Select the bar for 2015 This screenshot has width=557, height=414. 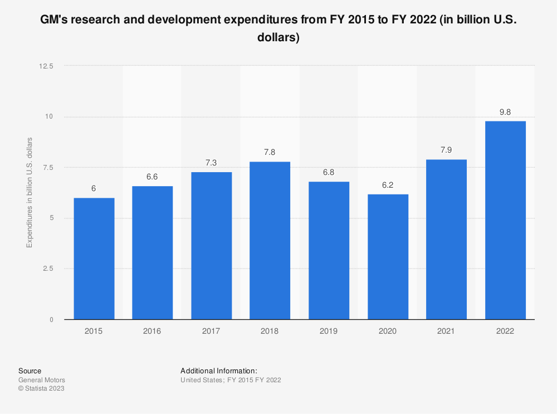(94, 259)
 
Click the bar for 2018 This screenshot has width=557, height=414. (270, 240)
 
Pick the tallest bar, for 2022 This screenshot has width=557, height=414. (505, 220)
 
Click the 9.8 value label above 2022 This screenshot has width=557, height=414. (505, 112)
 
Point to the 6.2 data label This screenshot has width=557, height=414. (387, 185)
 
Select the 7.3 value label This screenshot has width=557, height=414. (211, 163)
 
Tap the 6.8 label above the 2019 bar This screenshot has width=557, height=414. (329, 173)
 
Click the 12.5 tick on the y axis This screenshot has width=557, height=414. (46, 66)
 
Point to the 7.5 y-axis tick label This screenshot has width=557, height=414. (48, 167)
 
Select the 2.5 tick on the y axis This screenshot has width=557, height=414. (48, 269)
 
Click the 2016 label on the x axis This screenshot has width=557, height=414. (152, 331)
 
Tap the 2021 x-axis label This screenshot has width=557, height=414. (446, 331)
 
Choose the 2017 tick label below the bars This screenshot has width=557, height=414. (211, 331)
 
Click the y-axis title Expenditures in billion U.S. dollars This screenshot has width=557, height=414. (30, 192)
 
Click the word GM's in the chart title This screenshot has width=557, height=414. (54, 21)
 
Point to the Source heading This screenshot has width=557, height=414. (30, 371)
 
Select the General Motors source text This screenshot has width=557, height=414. (41, 380)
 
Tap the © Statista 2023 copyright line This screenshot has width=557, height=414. (41, 389)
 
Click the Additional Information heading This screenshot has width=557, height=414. (218, 371)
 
